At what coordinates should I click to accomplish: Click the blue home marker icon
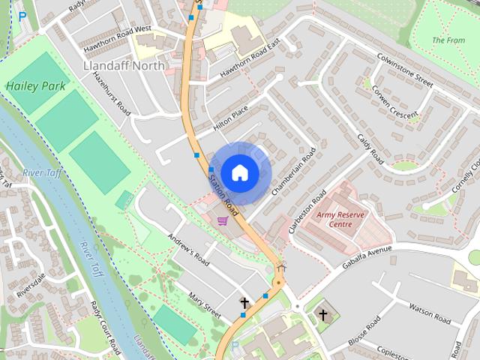(x=239, y=172)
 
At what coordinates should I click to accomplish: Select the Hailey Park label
(x=35, y=86)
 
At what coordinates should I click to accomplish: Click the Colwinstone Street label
(x=406, y=68)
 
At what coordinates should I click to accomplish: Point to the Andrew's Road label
(x=189, y=248)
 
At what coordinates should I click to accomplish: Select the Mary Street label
(x=205, y=304)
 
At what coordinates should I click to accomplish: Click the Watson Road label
(x=430, y=313)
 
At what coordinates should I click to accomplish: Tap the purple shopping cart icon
(x=222, y=220)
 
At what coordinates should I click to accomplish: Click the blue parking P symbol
(x=22, y=15)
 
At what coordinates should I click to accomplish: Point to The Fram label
(x=448, y=40)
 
